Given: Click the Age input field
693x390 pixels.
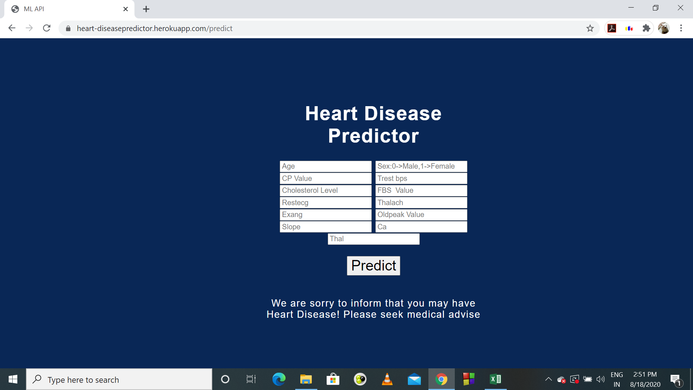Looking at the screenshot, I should point(325,166).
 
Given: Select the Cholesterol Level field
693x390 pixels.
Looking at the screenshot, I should point(325,191).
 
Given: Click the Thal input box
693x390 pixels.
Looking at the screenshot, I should point(373,239).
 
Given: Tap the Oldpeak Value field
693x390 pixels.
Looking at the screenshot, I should point(421,215).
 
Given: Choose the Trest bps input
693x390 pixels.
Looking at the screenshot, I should point(421,178).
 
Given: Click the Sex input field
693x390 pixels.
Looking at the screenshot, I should point(421,166).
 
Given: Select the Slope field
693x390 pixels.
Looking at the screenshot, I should point(325,227).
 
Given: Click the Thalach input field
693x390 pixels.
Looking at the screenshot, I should point(421,203).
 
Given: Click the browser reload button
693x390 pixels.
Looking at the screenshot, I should point(47,28).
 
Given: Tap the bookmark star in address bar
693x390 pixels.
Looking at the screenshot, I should point(590,28).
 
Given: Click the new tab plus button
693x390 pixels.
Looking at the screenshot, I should point(146,9).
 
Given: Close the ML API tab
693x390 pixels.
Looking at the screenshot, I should point(126,9).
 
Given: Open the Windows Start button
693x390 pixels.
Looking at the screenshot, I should point(13,379).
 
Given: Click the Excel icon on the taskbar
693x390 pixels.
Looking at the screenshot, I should point(495,379).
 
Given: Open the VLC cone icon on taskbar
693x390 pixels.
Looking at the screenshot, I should point(387,379).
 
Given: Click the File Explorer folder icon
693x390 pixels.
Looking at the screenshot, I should point(306,379).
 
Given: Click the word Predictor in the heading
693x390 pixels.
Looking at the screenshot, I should point(373,136).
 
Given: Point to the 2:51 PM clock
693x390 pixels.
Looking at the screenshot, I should point(645,374).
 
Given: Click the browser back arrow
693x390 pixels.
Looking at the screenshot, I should point(12,28).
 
